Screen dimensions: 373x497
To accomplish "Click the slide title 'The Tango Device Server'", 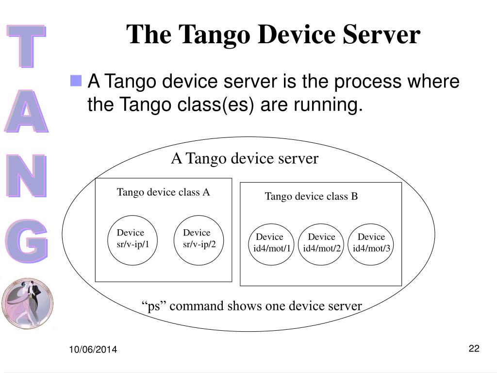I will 274,35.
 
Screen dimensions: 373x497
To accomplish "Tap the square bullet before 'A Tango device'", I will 76,81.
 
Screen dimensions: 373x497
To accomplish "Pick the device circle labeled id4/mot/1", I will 272,244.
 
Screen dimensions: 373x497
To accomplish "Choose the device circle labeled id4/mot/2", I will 321,244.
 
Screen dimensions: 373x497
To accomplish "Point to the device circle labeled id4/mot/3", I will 371,244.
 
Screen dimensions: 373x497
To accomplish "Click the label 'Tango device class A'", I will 163,192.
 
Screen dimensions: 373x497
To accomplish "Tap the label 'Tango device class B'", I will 311,196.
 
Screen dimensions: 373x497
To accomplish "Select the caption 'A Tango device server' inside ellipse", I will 245,158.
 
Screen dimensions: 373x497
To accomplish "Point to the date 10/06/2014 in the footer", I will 93,350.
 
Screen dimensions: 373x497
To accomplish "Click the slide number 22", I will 474,348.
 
